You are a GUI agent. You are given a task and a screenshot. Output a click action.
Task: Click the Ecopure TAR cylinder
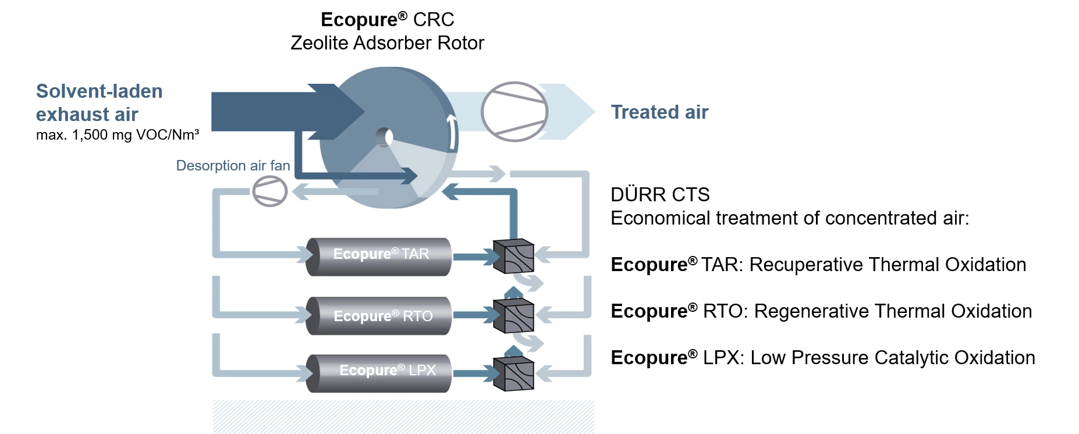pyautogui.click(x=378, y=257)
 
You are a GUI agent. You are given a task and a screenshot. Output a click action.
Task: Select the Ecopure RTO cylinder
pyautogui.click(x=378, y=316)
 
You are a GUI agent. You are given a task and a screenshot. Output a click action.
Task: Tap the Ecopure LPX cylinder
pyautogui.click(x=378, y=373)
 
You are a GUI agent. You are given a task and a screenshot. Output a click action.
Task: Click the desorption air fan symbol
pyautogui.click(x=270, y=191)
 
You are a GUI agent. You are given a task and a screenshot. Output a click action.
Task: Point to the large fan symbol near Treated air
pyautogui.click(x=514, y=112)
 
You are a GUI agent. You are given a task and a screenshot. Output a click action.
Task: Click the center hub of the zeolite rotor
pyautogui.click(x=384, y=137)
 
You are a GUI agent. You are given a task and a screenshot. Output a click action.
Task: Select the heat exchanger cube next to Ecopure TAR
pyautogui.click(x=513, y=256)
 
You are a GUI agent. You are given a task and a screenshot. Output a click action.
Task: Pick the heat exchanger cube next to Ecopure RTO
pyautogui.click(x=513, y=316)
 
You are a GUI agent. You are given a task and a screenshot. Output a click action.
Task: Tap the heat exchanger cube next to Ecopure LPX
pyautogui.click(x=513, y=373)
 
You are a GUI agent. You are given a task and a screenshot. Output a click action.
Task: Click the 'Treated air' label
pyautogui.click(x=659, y=112)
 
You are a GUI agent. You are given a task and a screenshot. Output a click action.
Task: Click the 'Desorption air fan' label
pyautogui.click(x=233, y=166)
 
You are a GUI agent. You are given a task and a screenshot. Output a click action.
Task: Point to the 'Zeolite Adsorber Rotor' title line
pyautogui.click(x=387, y=43)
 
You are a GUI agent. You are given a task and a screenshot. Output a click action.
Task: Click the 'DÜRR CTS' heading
pyautogui.click(x=660, y=194)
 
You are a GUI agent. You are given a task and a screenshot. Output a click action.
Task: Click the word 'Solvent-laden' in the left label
pyautogui.click(x=100, y=91)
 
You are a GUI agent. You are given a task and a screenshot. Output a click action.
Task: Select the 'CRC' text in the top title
pyautogui.click(x=434, y=20)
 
